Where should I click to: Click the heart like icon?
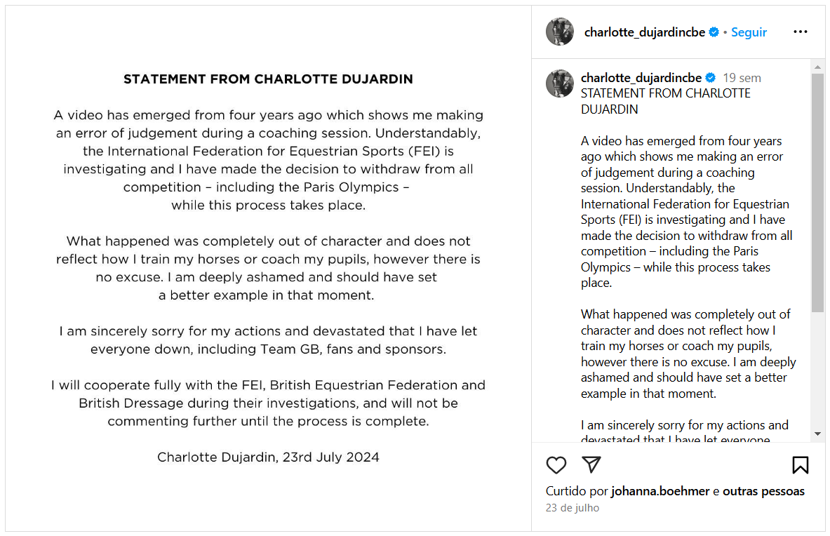click(x=556, y=465)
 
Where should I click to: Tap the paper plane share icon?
click(x=591, y=464)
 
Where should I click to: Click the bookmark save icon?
click(x=800, y=465)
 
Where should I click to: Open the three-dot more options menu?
click(x=800, y=32)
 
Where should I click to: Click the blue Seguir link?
click(x=749, y=32)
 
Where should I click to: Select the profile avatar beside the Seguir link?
click(x=560, y=32)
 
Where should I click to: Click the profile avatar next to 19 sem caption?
click(x=560, y=83)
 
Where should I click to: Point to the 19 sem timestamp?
click(x=742, y=78)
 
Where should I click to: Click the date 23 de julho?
click(x=573, y=508)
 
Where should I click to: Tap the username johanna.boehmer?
click(x=660, y=491)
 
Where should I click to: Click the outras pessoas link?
click(x=763, y=491)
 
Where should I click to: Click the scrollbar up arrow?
click(x=817, y=67)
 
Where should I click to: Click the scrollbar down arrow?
click(x=817, y=434)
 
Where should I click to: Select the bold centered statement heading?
click(x=268, y=79)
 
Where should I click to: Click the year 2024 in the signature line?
click(x=363, y=457)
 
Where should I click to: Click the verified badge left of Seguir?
click(x=714, y=32)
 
